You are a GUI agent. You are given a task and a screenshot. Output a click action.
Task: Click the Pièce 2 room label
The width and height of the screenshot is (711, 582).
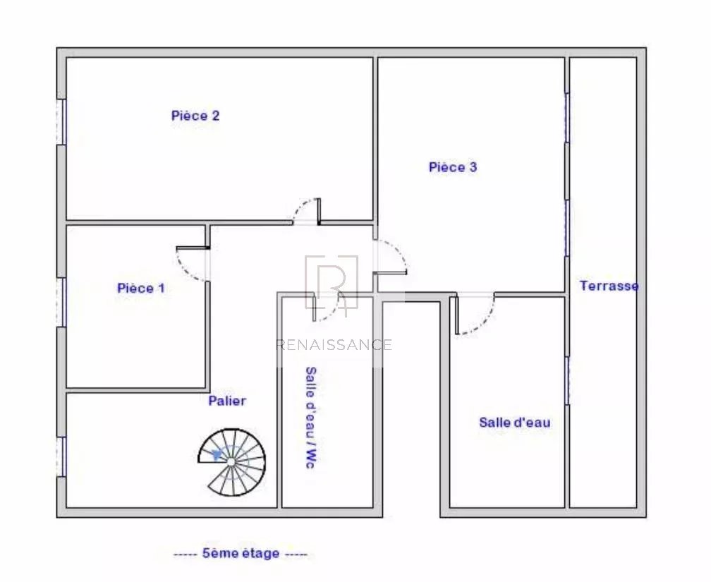pyautogui.click(x=195, y=116)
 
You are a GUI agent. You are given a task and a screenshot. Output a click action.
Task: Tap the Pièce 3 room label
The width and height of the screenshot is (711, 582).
pyautogui.click(x=453, y=167)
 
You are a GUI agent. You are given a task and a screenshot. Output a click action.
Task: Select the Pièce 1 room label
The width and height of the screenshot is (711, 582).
pyautogui.click(x=141, y=288)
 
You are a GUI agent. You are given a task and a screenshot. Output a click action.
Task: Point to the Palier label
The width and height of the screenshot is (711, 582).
pyautogui.click(x=227, y=401)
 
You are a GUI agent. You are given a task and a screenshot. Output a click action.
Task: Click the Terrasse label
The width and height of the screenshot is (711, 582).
pyautogui.click(x=609, y=286)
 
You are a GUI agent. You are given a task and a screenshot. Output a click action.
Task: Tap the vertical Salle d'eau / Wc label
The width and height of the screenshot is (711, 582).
pyautogui.click(x=310, y=418)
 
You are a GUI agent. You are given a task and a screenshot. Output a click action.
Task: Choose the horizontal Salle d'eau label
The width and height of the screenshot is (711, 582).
pyautogui.click(x=515, y=423)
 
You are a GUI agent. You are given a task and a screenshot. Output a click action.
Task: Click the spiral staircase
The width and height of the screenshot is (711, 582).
pyautogui.click(x=231, y=462)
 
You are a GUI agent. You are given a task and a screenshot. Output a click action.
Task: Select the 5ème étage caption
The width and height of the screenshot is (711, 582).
pyautogui.click(x=241, y=553)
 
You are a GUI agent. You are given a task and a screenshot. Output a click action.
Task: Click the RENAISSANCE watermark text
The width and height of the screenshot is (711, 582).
pyautogui.click(x=334, y=345)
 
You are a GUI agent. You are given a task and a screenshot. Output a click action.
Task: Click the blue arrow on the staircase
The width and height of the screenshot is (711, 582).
pyautogui.click(x=217, y=454)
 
